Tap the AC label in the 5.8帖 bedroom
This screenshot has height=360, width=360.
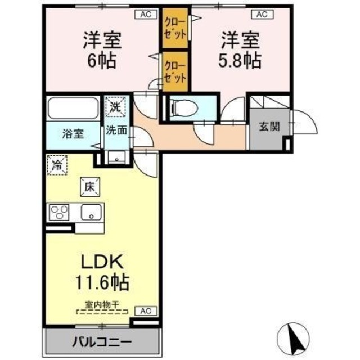pyautogui.click(x=262, y=15)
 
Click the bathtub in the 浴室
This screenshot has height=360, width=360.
pyautogui.click(x=72, y=108)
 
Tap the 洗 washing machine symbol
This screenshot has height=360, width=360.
pyautogui.click(x=115, y=105)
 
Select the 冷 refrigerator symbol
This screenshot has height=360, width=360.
pyautogui.click(x=57, y=165)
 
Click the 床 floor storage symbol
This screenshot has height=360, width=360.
pyautogui.click(x=89, y=186)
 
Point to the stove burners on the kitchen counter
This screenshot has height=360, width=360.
pyautogui.click(x=58, y=212)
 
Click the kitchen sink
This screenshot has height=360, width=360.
pyautogui.click(x=89, y=213)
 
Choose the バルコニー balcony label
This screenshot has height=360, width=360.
pyautogui.click(x=101, y=341)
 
